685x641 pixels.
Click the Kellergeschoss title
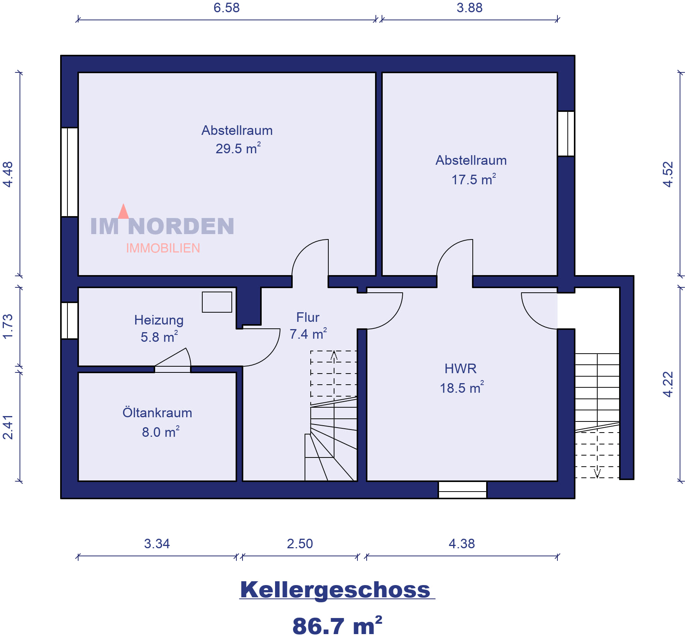[335, 590]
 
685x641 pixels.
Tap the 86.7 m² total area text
[337, 626]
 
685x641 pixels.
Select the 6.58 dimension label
[226, 8]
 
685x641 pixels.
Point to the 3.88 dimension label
[469, 8]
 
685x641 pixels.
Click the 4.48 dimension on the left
[8, 174]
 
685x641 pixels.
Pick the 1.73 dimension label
[8, 326]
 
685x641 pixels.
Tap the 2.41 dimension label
[8, 427]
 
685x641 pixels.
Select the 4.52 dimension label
[668, 174]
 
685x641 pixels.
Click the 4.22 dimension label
[668, 384]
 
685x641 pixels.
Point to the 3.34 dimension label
[157, 544]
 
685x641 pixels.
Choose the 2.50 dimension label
[300, 544]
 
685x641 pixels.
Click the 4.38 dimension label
[462, 544]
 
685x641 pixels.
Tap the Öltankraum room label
[157, 412]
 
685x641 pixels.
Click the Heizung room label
[159, 320]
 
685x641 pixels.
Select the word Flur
[308, 317]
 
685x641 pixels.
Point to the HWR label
[460, 369]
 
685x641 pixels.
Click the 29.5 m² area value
[238, 148]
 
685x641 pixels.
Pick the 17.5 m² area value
[474, 179]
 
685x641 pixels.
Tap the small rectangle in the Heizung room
[217, 302]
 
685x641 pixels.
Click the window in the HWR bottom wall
[462, 490]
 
